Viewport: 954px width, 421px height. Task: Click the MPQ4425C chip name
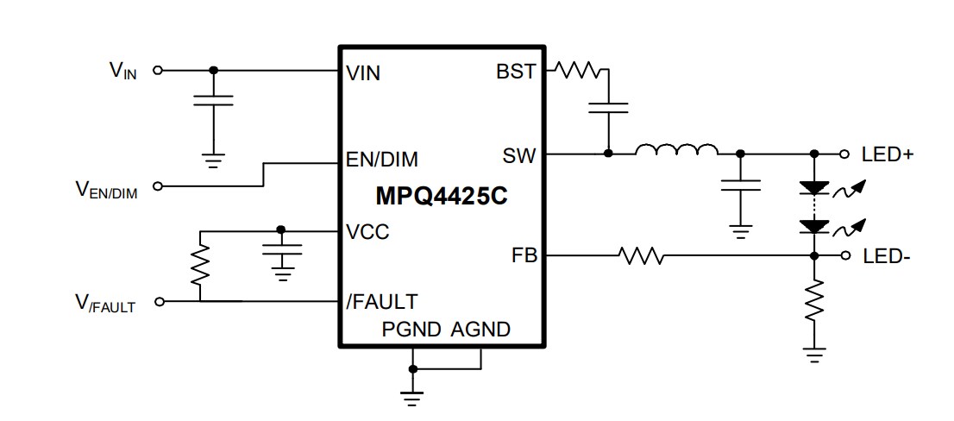click(441, 197)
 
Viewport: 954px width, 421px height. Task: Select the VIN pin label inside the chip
click(362, 72)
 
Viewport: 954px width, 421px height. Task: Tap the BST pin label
click(516, 72)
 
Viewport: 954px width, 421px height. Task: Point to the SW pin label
click(519, 156)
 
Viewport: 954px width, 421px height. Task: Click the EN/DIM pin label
click(381, 160)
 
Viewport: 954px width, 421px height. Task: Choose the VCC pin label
click(367, 232)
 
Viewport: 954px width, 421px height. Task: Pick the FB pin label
click(524, 256)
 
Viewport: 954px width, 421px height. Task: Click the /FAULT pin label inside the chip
click(381, 301)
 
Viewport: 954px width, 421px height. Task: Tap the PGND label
click(412, 330)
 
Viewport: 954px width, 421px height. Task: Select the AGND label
click(480, 330)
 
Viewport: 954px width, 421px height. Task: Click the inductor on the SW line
click(676, 152)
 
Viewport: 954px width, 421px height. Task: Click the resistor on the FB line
click(641, 255)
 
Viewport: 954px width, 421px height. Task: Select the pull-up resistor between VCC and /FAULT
click(200, 265)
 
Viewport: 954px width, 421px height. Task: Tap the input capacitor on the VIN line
click(213, 101)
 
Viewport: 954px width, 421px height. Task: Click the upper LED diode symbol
click(813, 186)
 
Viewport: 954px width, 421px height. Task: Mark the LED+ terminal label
click(888, 154)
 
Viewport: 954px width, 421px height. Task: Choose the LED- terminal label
click(886, 256)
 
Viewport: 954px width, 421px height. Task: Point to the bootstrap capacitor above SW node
click(608, 108)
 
